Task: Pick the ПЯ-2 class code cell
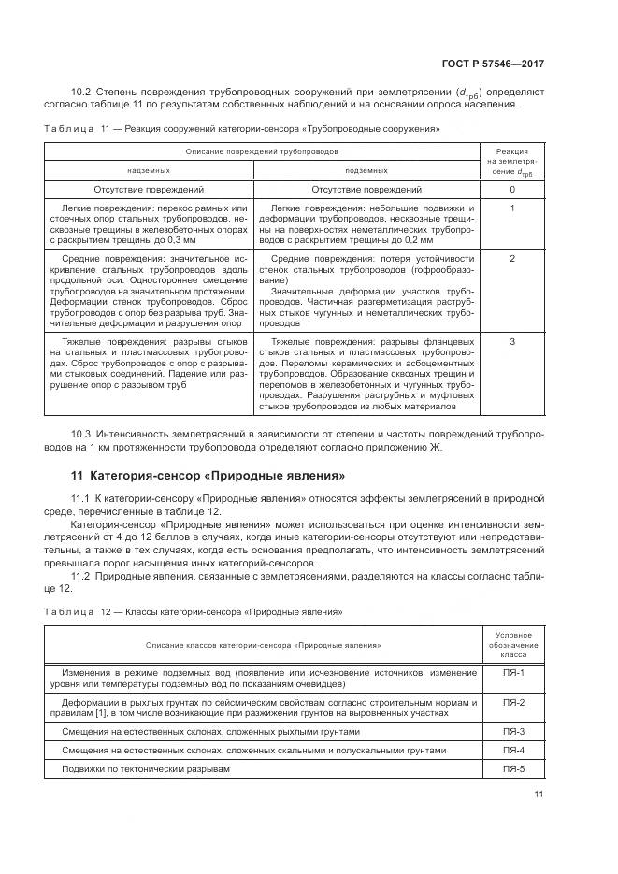tap(514, 701)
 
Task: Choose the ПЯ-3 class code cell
tap(514, 731)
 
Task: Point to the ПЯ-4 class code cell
tap(514, 750)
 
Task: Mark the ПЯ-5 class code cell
tap(514, 768)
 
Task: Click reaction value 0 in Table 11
tap(512, 190)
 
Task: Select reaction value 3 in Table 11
tap(512, 342)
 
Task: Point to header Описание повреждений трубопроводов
tap(262, 150)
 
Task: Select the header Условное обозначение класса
tap(514, 645)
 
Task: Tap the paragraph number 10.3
tap(83, 435)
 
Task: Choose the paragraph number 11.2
tap(83, 575)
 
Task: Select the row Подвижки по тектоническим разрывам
tap(145, 768)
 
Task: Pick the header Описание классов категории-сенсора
tap(263, 645)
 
